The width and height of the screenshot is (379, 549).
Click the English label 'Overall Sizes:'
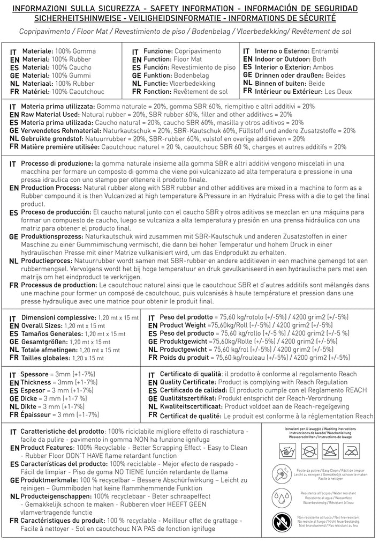click(x=41, y=325)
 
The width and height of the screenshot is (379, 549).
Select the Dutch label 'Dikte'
click(x=29, y=406)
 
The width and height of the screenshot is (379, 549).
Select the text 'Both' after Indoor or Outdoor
click(x=320, y=59)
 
